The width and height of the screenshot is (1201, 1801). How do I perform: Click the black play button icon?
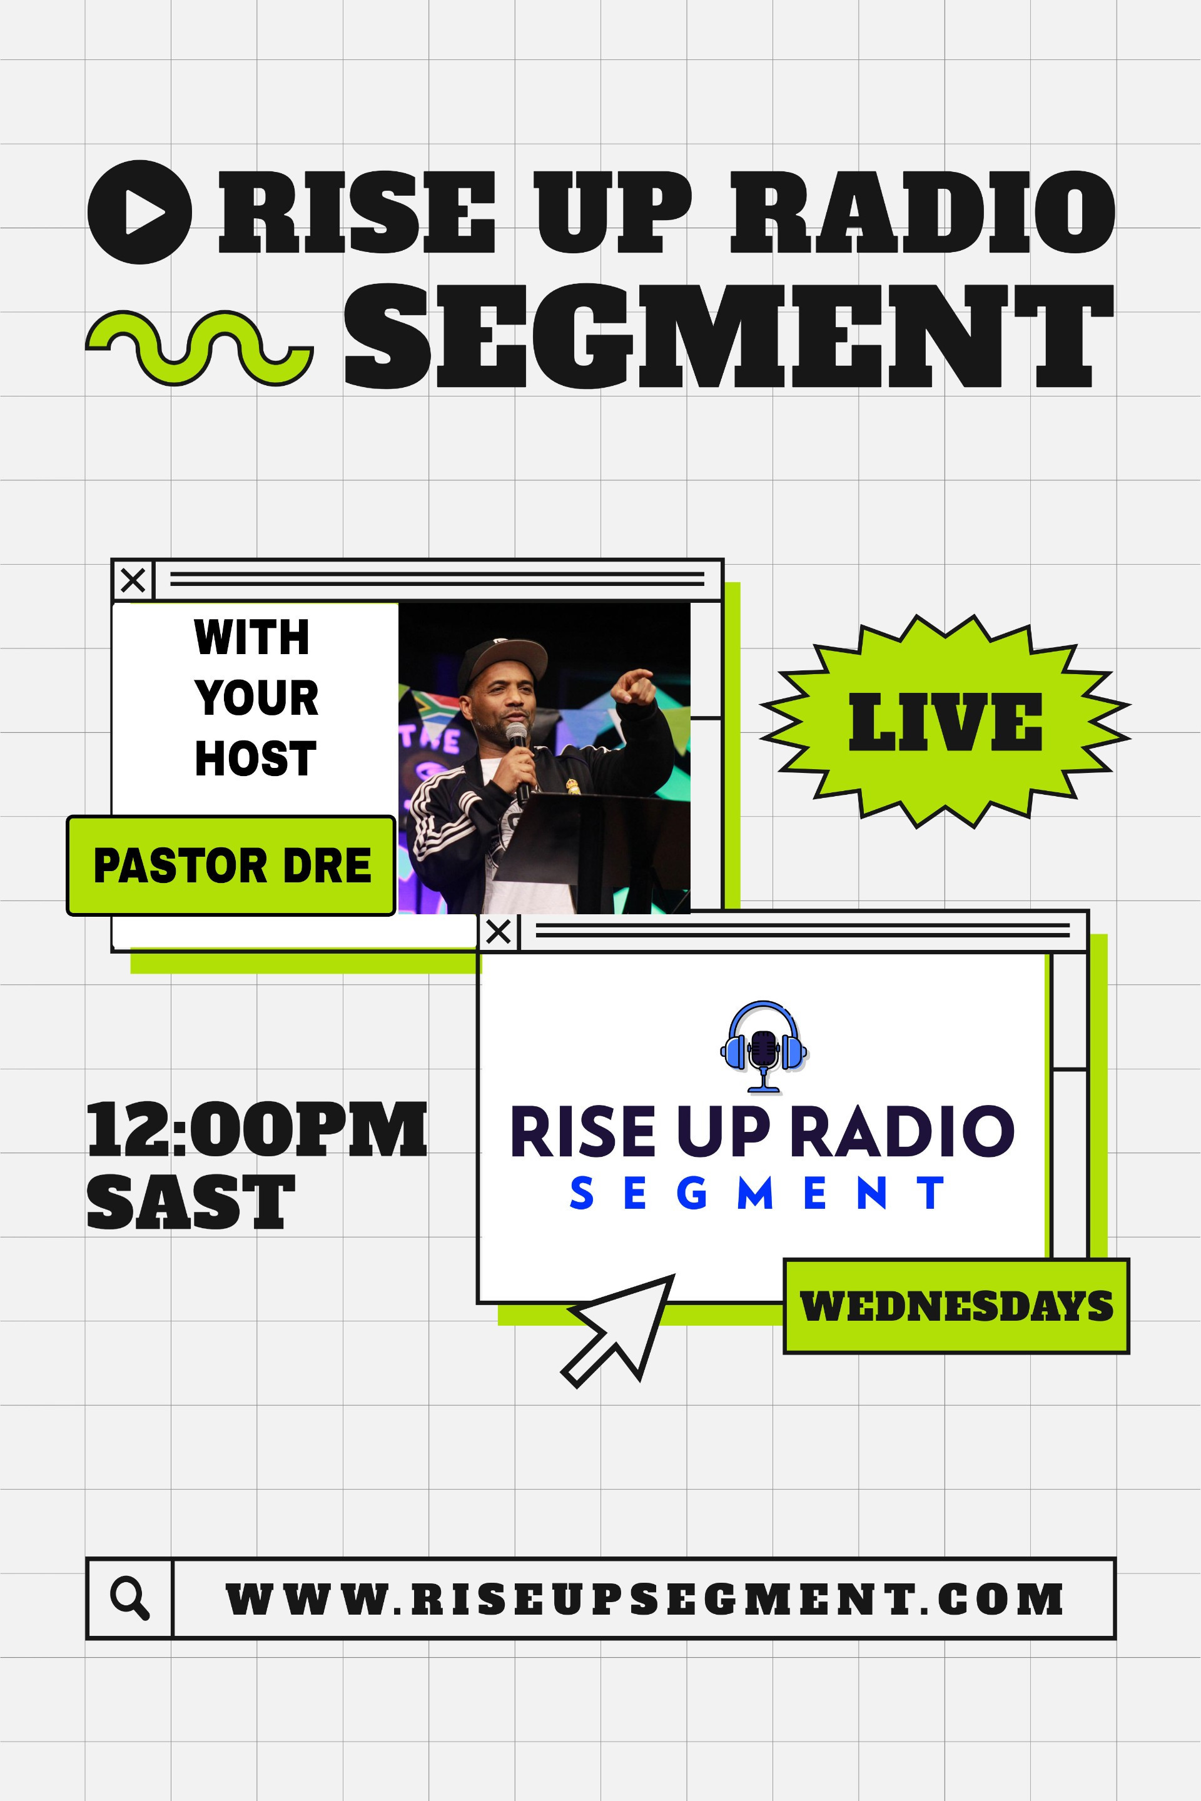pos(139,211)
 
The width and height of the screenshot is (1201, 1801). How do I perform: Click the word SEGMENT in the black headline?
pos(728,336)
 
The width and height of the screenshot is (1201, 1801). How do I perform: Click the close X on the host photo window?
pos(133,580)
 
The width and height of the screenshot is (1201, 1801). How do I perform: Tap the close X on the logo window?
pos(499,932)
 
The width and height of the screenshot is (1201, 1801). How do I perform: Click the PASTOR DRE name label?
pos(231,866)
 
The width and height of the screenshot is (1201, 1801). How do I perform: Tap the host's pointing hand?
pos(635,684)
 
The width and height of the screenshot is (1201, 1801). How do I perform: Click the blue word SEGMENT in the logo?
pos(758,1193)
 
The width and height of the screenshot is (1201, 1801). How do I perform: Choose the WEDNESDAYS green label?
pos(956,1306)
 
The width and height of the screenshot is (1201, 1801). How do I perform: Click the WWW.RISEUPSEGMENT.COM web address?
pos(644,1599)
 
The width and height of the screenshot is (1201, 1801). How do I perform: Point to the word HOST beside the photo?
pos(255,758)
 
